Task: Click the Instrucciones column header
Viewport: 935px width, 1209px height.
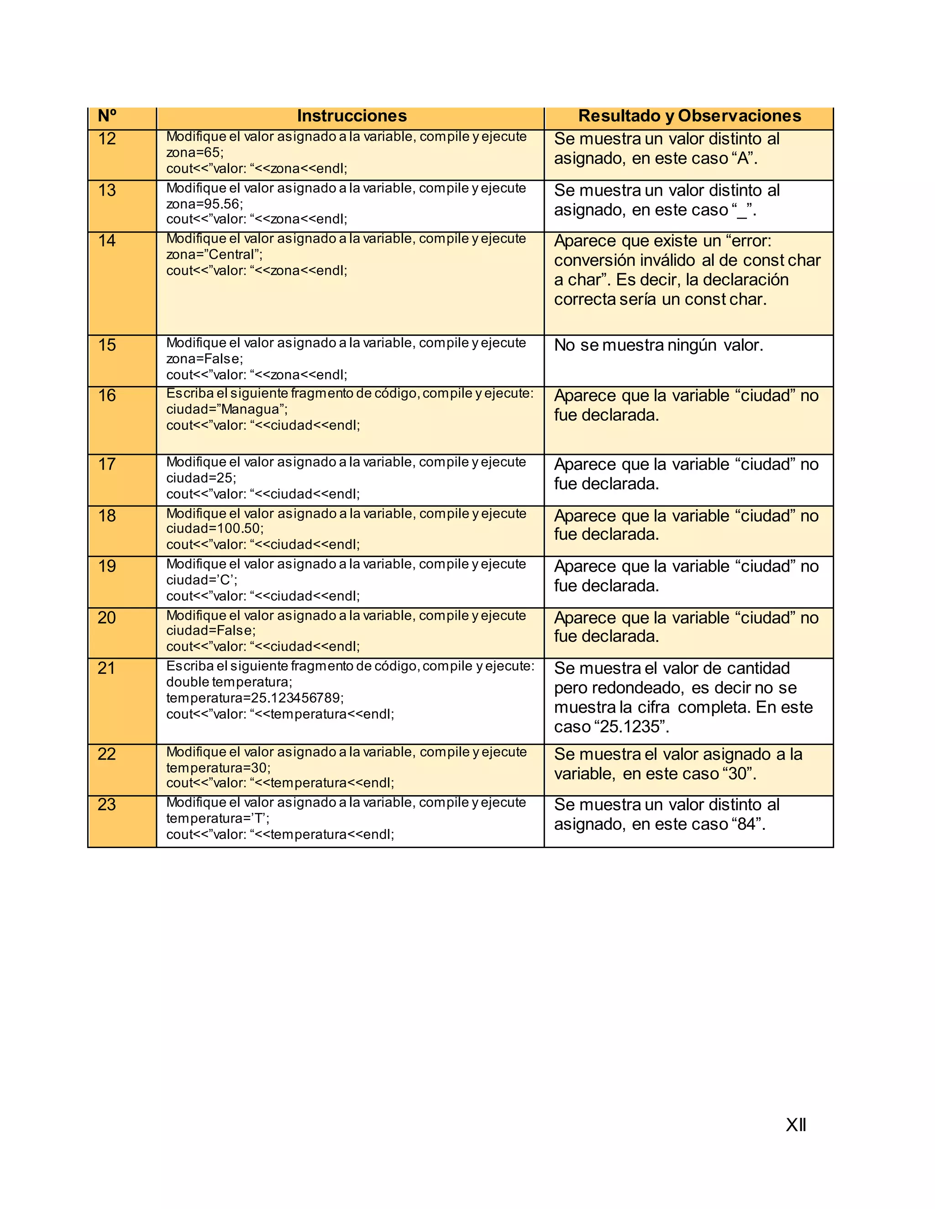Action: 352,116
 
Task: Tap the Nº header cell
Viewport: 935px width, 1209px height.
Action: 107,116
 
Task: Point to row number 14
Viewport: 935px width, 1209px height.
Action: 107,241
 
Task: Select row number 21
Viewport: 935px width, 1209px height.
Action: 107,668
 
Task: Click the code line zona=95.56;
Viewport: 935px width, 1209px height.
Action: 205,204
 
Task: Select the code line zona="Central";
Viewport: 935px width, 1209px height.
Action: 215,255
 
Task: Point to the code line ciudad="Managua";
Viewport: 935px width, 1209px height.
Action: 227,410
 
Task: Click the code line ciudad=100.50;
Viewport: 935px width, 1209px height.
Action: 215,529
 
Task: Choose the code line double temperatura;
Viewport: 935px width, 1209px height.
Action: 229,682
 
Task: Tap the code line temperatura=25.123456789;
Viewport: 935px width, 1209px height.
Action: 255,698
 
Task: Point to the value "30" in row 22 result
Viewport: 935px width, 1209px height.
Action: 737,774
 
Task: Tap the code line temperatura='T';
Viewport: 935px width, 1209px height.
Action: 218,819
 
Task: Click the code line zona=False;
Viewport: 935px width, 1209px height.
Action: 205,359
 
